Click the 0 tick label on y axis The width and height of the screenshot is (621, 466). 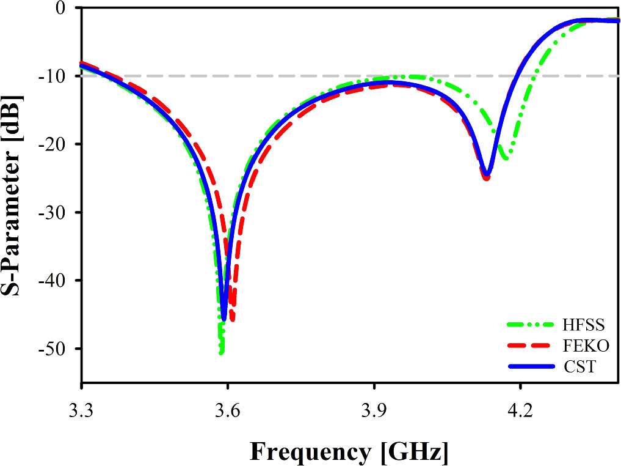pos(60,8)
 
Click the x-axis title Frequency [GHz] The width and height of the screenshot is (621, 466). pos(349,452)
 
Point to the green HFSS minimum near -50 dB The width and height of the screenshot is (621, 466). pos(221,352)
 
